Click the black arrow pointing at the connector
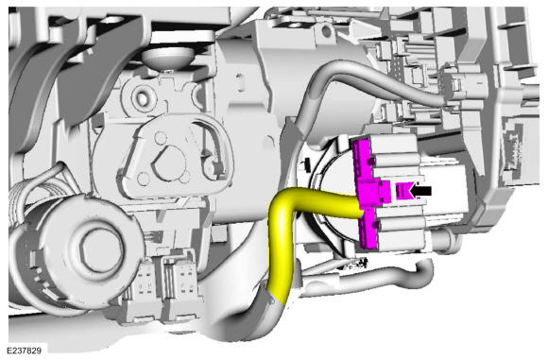click(420, 191)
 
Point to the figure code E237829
click(25, 351)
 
